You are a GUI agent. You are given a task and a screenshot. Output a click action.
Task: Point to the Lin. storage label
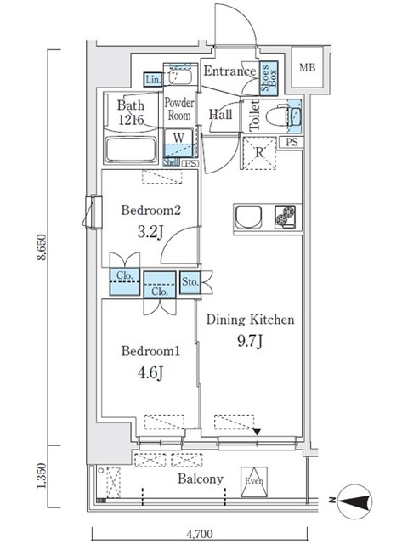[x=153, y=80]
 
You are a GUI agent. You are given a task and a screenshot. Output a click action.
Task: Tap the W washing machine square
[x=179, y=137]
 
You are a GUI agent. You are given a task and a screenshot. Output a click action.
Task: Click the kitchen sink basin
[x=247, y=217]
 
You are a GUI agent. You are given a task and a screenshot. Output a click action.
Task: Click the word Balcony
[x=200, y=479]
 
